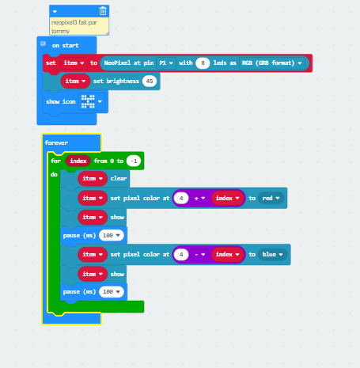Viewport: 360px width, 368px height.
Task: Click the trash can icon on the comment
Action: (x=103, y=11)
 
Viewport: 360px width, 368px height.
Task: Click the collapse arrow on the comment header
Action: (x=55, y=12)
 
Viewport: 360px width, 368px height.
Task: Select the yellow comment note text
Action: (x=74, y=26)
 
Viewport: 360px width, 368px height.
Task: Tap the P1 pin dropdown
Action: (x=166, y=63)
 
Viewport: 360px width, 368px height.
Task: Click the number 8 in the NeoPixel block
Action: (x=203, y=63)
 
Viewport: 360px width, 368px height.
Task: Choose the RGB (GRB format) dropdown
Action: (x=271, y=63)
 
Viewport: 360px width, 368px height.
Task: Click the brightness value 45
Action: (x=150, y=82)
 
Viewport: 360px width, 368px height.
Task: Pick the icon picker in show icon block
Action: (x=92, y=101)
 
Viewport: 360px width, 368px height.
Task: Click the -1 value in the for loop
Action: (x=134, y=161)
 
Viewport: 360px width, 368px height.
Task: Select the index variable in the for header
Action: (x=78, y=161)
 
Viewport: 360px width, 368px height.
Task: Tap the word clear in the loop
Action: (x=119, y=179)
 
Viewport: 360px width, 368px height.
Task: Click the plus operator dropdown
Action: (x=199, y=199)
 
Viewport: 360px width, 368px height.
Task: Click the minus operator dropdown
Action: (x=199, y=255)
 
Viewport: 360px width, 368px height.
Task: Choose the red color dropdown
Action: (x=271, y=199)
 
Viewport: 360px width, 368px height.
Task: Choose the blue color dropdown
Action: (x=273, y=255)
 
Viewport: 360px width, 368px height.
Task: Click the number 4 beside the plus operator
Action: (x=181, y=199)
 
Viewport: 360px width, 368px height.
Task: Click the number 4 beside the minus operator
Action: (x=181, y=255)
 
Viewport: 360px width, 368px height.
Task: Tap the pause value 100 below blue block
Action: (x=112, y=292)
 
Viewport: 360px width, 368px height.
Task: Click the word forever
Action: (x=56, y=142)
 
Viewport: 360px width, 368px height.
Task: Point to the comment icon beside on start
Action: (x=43, y=44)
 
